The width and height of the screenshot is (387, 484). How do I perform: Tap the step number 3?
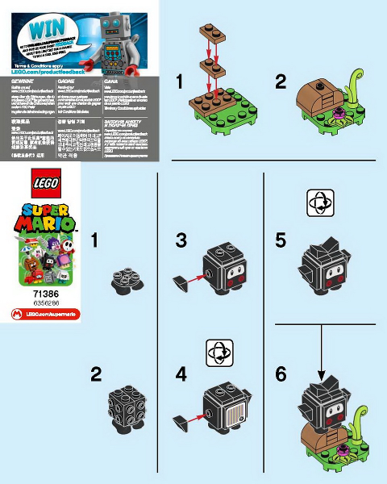181,240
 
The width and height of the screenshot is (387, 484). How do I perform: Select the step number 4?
181,374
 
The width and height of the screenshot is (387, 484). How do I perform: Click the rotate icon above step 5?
320,204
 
